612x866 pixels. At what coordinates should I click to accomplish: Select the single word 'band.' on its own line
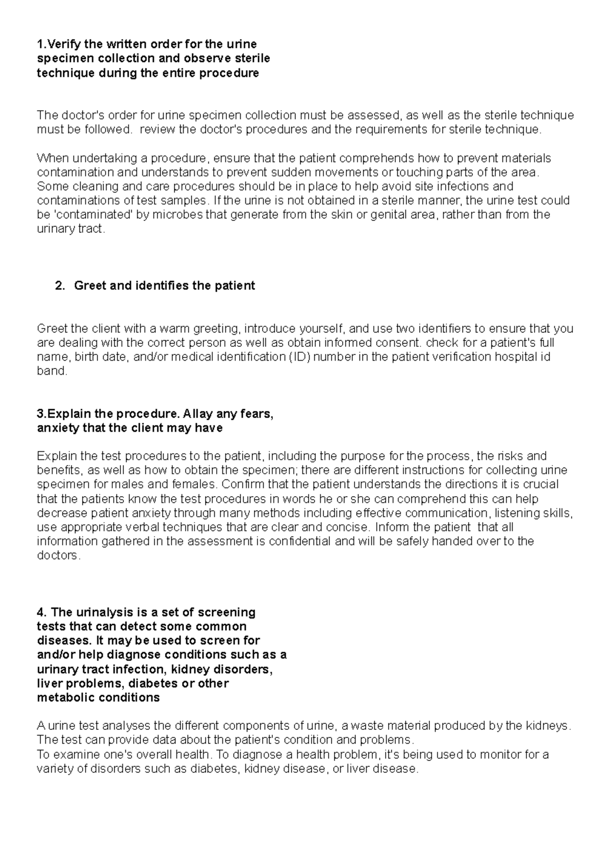(52, 371)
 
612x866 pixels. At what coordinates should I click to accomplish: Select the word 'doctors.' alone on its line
(59, 556)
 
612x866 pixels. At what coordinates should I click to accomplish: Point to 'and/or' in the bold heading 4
(55, 655)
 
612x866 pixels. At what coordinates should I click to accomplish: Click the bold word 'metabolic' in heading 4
(65, 698)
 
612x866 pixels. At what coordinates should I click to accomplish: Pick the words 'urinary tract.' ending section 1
(71, 230)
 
